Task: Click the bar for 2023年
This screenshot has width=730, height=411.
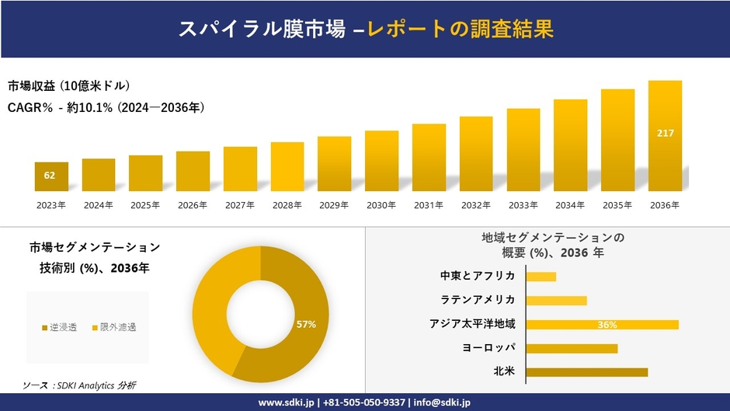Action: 51,176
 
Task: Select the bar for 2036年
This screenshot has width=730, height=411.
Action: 665,136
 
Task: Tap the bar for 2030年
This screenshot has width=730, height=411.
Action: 381,161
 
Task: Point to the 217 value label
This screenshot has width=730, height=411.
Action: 665,134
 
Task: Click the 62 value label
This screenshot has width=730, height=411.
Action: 50,176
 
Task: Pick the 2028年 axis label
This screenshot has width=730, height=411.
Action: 287,205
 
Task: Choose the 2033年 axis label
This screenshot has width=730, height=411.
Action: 523,205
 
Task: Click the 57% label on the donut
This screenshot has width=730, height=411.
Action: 306,324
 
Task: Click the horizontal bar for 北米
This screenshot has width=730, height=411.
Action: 586,372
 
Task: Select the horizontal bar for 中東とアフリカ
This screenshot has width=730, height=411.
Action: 541,277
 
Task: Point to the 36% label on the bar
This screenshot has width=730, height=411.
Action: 607,325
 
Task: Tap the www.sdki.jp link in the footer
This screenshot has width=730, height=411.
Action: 286,402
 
